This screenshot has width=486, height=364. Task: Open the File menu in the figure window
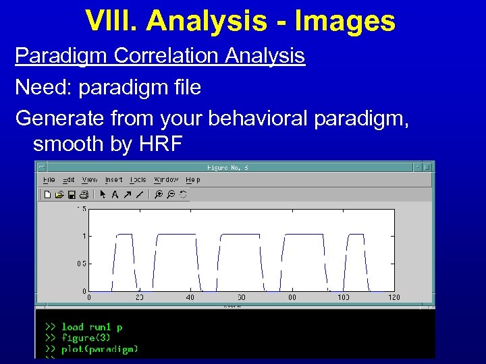[49, 180]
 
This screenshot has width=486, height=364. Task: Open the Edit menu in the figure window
[69, 180]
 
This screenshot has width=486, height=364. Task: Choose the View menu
[90, 180]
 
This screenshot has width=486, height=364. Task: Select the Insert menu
[113, 180]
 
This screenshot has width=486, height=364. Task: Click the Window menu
[166, 180]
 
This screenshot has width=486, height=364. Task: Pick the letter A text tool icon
[115, 195]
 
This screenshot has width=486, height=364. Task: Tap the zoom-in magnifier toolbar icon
[159, 195]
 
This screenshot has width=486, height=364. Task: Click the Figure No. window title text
[227, 167]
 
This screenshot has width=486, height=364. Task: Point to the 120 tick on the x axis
[394, 297]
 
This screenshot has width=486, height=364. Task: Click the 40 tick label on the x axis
[190, 297]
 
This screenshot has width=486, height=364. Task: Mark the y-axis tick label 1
[84, 236]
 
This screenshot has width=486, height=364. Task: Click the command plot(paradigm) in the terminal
[100, 349]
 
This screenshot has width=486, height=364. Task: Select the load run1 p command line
[92, 327]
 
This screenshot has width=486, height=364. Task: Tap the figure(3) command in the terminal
[86, 338]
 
